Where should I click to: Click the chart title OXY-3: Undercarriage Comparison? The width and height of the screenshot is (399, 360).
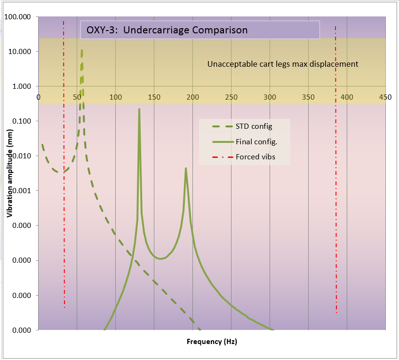[x=167, y=30]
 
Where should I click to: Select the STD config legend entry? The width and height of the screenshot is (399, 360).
[x=242, y=126]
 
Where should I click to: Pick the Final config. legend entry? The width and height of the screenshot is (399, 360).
[x=245, y=141]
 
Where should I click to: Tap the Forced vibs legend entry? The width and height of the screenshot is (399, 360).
[x=244, y=157]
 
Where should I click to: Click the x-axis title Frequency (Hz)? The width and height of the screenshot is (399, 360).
[x=212, y=342]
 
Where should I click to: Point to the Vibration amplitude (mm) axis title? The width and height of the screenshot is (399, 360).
[x=9, y=173]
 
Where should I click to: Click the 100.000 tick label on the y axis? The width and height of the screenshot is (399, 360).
[x=17, y=17]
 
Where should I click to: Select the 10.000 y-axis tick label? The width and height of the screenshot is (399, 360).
[x=20, y=52]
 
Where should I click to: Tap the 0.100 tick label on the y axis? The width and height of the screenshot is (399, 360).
[x=22, y=121]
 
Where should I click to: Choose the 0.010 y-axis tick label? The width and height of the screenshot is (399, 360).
[x=22, y=156]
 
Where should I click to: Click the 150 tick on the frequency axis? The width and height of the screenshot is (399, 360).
[x=154, y=97]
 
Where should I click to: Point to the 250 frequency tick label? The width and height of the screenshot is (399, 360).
[x=231, y=97]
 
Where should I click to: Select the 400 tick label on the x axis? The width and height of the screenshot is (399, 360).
[x=347, y=97]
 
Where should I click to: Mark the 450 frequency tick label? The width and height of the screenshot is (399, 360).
[x=385, y=97]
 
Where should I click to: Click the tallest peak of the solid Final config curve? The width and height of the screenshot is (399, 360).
[x=139, y=109]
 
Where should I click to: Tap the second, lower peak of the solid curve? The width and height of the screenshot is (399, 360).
[x=186, y=168]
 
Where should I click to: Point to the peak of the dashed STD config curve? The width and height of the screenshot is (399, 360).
[x=82, y=50]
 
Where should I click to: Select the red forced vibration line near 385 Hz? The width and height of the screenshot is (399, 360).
[x=336, y=169]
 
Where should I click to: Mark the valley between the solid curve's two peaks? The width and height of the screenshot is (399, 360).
[x=160, y=259]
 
